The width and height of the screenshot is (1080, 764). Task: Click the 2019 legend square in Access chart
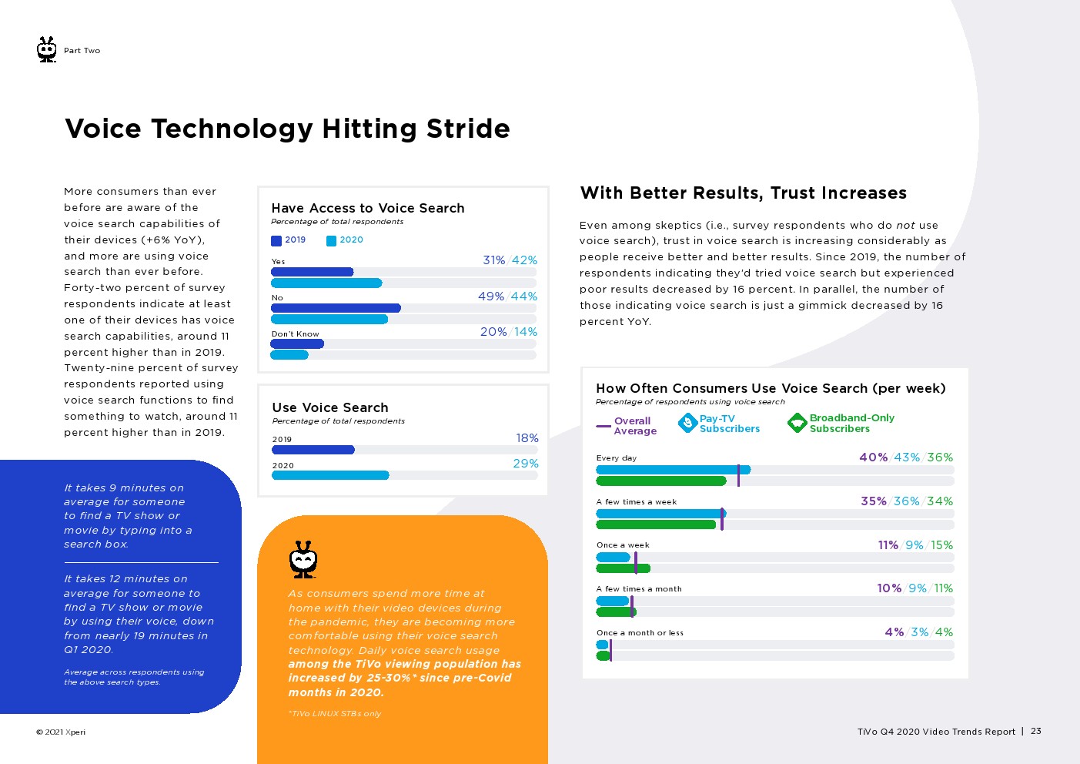[276, 240]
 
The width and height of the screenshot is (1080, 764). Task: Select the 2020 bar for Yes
[326, 283]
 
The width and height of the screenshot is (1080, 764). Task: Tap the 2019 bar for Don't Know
[297, 344]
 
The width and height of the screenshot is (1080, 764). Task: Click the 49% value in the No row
[490, 297]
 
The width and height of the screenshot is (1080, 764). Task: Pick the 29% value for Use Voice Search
[526, 464]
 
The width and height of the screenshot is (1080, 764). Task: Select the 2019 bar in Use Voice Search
[313, 450]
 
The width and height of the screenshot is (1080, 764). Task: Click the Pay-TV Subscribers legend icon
[687, 423]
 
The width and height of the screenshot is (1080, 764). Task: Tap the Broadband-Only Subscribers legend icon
[797, 423]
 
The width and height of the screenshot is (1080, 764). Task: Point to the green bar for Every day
[660, 481]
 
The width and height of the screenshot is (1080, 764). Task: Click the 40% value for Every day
[873, 457]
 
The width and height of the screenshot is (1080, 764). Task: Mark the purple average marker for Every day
[738, 475]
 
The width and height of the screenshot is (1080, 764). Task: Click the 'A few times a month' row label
[638, 589]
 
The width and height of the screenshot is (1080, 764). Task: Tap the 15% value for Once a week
[941, 545]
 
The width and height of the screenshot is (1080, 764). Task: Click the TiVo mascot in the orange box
[303, 559]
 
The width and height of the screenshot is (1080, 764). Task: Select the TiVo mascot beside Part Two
[47, 50]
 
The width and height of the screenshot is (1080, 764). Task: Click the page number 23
[1036, 731]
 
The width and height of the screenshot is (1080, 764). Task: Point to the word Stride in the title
[468, 129]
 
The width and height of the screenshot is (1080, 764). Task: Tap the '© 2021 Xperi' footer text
[61, 732]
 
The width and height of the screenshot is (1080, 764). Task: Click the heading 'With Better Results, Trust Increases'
[743, 193]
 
